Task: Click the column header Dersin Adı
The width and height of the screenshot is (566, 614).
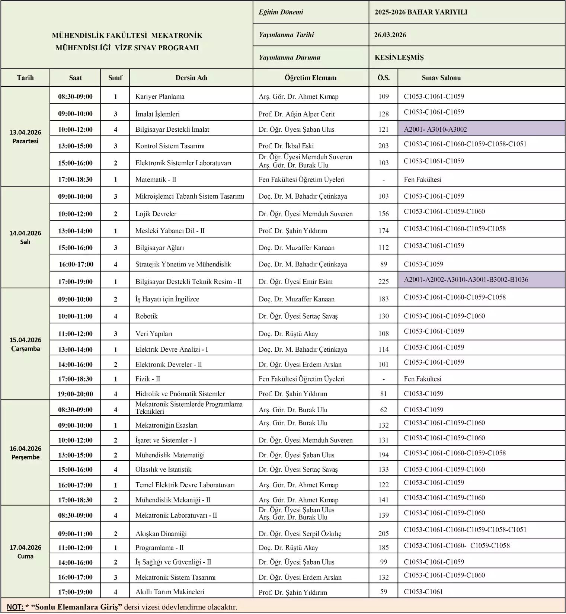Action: [x=191, y=78]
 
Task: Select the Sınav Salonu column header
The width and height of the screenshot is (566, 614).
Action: [x=441, y=78]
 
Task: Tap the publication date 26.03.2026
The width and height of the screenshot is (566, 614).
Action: [x=390, y=35]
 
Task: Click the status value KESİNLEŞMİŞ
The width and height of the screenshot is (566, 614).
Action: [x=399, y=58]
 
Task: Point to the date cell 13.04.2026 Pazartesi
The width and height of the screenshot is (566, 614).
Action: [x=25, y=137]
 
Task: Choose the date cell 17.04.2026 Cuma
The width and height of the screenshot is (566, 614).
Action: [x=25, y=551]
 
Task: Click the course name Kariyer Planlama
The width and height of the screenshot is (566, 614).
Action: [x=160, y=96]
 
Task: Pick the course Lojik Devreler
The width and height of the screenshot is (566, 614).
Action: [x=156, y=214]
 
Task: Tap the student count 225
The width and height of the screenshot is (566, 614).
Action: [x=383, y=281]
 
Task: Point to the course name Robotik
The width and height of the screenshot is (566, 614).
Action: [x=146, y=316]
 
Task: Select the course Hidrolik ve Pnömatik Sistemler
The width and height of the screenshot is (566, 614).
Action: [x=180, y=393]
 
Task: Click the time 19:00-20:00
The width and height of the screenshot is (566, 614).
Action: [x=75, y=394]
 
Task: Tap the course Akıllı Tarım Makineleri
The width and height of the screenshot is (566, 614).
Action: [x=170, y=591]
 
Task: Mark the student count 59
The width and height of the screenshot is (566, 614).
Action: [x=383, y=591]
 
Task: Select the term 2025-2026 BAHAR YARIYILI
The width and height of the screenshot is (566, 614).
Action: [x=420, y=12]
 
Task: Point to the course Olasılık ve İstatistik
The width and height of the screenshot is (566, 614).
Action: [x=163, y=469]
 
